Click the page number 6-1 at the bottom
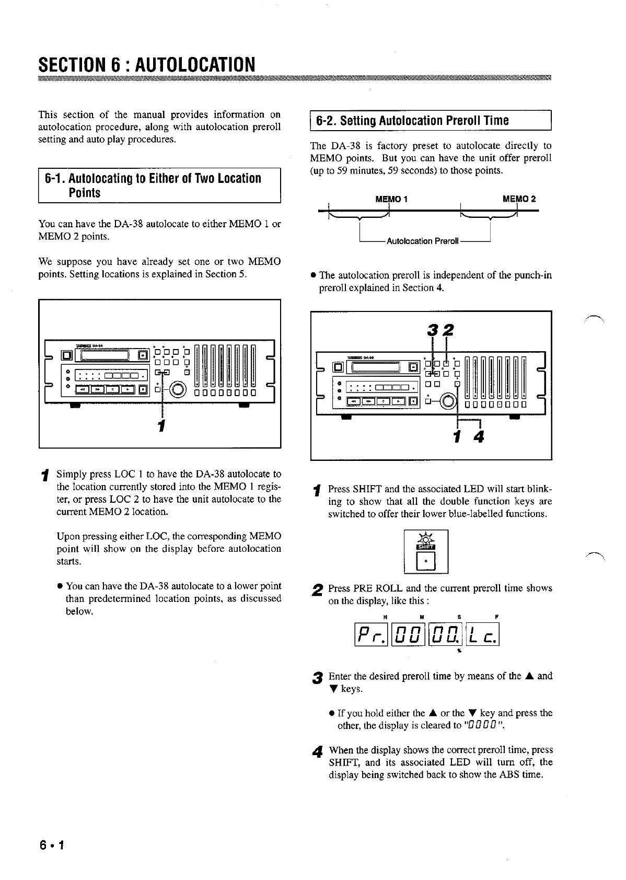tap(51, 845)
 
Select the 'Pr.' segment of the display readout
tap(371, 635)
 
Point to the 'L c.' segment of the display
tap(482, 635)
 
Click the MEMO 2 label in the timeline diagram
tap(518, 199)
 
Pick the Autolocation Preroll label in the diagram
tap(423, 241)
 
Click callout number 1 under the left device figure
tap(162, 425)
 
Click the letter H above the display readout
tap(385, 617)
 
